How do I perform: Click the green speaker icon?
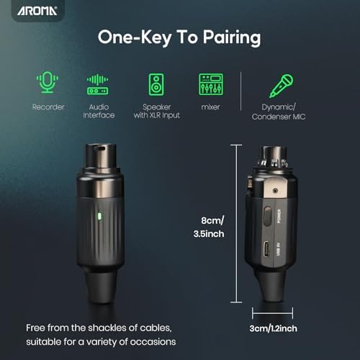pos(155,84)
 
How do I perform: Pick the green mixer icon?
pos(210,84)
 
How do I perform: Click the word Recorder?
pos(48,107)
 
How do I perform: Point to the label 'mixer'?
pos(210,107)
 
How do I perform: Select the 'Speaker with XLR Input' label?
pos(155,112)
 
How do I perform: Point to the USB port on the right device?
pos(268,252)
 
